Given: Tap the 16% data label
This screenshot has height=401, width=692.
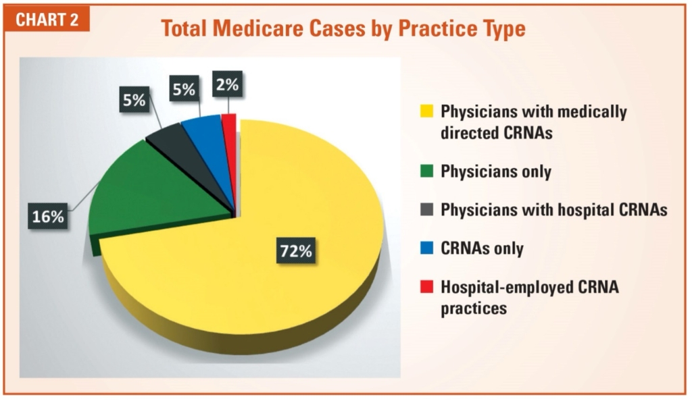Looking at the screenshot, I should click(47, 217).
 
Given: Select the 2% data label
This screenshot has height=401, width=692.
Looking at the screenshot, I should click(226, 86).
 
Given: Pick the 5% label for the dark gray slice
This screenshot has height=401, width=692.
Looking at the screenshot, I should click(134, 101).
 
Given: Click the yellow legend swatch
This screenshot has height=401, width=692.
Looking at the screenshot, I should click(426, 110).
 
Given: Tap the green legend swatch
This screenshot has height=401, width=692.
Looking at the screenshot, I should click(426, 171).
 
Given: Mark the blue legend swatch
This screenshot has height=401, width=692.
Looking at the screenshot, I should click(426, 248).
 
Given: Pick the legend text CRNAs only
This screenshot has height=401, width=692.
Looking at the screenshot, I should click(482, 248).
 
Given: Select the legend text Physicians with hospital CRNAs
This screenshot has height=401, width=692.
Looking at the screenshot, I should click(553, 210).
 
